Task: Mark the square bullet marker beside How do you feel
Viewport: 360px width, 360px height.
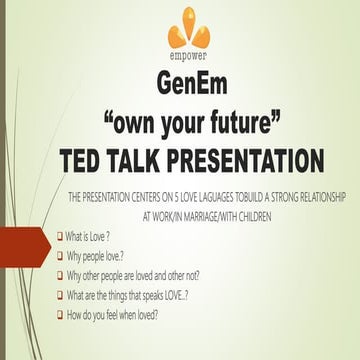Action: coord(59,314)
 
